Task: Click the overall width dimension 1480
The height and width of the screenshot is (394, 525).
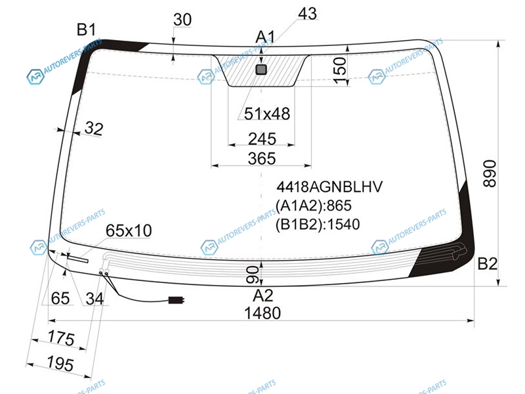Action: (262, 313)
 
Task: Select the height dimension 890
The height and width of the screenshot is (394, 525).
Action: (490, 173)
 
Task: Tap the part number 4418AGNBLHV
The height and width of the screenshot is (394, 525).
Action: (329, 186)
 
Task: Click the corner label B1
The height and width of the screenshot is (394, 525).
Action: (87, 30)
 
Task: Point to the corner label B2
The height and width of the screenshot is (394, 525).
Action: (487, 264)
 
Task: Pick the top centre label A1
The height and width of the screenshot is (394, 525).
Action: (265, 37)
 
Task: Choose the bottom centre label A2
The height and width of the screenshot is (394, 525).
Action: (263, 295)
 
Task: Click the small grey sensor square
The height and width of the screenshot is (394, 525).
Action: (261, 70)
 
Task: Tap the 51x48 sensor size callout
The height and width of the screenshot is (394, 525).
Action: (267, 114)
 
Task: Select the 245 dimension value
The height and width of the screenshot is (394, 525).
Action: (262, 139)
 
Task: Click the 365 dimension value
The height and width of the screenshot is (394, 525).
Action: (262, 158)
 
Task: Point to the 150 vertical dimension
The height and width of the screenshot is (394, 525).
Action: (340, 70)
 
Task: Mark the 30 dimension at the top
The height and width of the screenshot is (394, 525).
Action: (182, 20)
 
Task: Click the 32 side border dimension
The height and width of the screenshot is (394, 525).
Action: (94, 128)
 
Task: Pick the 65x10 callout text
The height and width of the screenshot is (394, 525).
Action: (129, 230)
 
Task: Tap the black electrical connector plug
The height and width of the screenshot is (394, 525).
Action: (176, 300)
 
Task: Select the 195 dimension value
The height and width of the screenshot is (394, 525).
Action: (60, 364)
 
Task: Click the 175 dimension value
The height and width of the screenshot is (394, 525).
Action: (61, 338)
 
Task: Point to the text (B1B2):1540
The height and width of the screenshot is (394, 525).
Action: (318, 224)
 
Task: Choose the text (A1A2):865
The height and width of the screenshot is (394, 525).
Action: (314, 206)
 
